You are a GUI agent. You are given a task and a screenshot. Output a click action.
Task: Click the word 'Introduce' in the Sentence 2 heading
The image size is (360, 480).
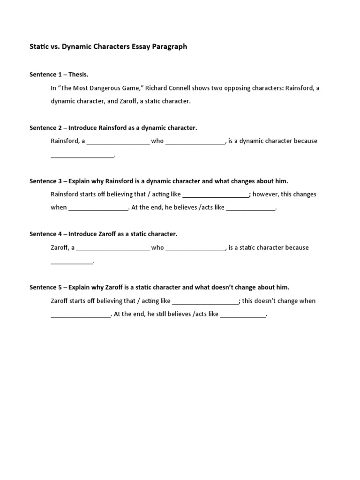86,127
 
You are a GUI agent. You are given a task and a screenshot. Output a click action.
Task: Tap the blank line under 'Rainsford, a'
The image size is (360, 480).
82,156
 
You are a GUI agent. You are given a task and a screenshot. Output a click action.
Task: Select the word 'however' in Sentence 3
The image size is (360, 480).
265,194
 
